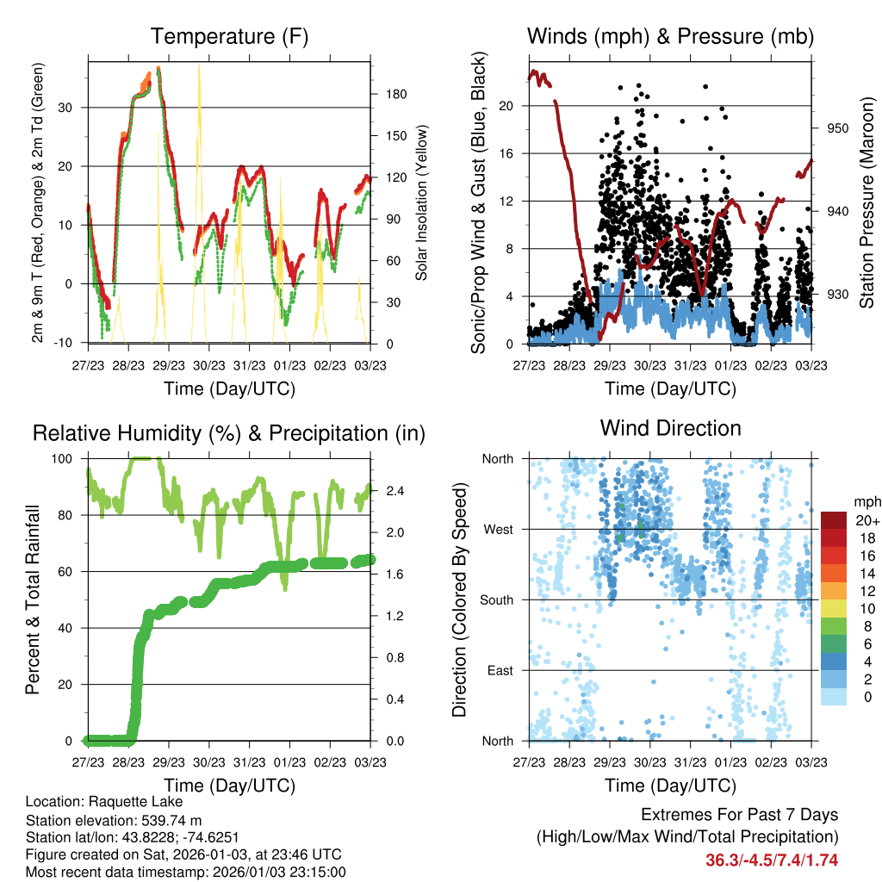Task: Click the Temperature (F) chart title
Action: (x=229, y=37)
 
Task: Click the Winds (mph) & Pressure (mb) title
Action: (x=670, y=37)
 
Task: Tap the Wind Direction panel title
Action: (x=670, y=428)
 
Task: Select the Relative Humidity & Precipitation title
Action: (x=229, y=433)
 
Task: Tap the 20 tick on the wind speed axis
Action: (x=513, y=106)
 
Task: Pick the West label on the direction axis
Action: (x=499, y=529)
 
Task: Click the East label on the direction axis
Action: (x=500, y=670)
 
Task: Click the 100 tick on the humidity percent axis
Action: (x=68, y=459)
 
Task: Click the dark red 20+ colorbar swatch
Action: (x=835, y=520)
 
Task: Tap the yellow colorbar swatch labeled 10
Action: (x=835, y=608)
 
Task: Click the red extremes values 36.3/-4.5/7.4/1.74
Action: (x=772, y=860)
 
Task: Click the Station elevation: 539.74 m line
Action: (x=114, y=820)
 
